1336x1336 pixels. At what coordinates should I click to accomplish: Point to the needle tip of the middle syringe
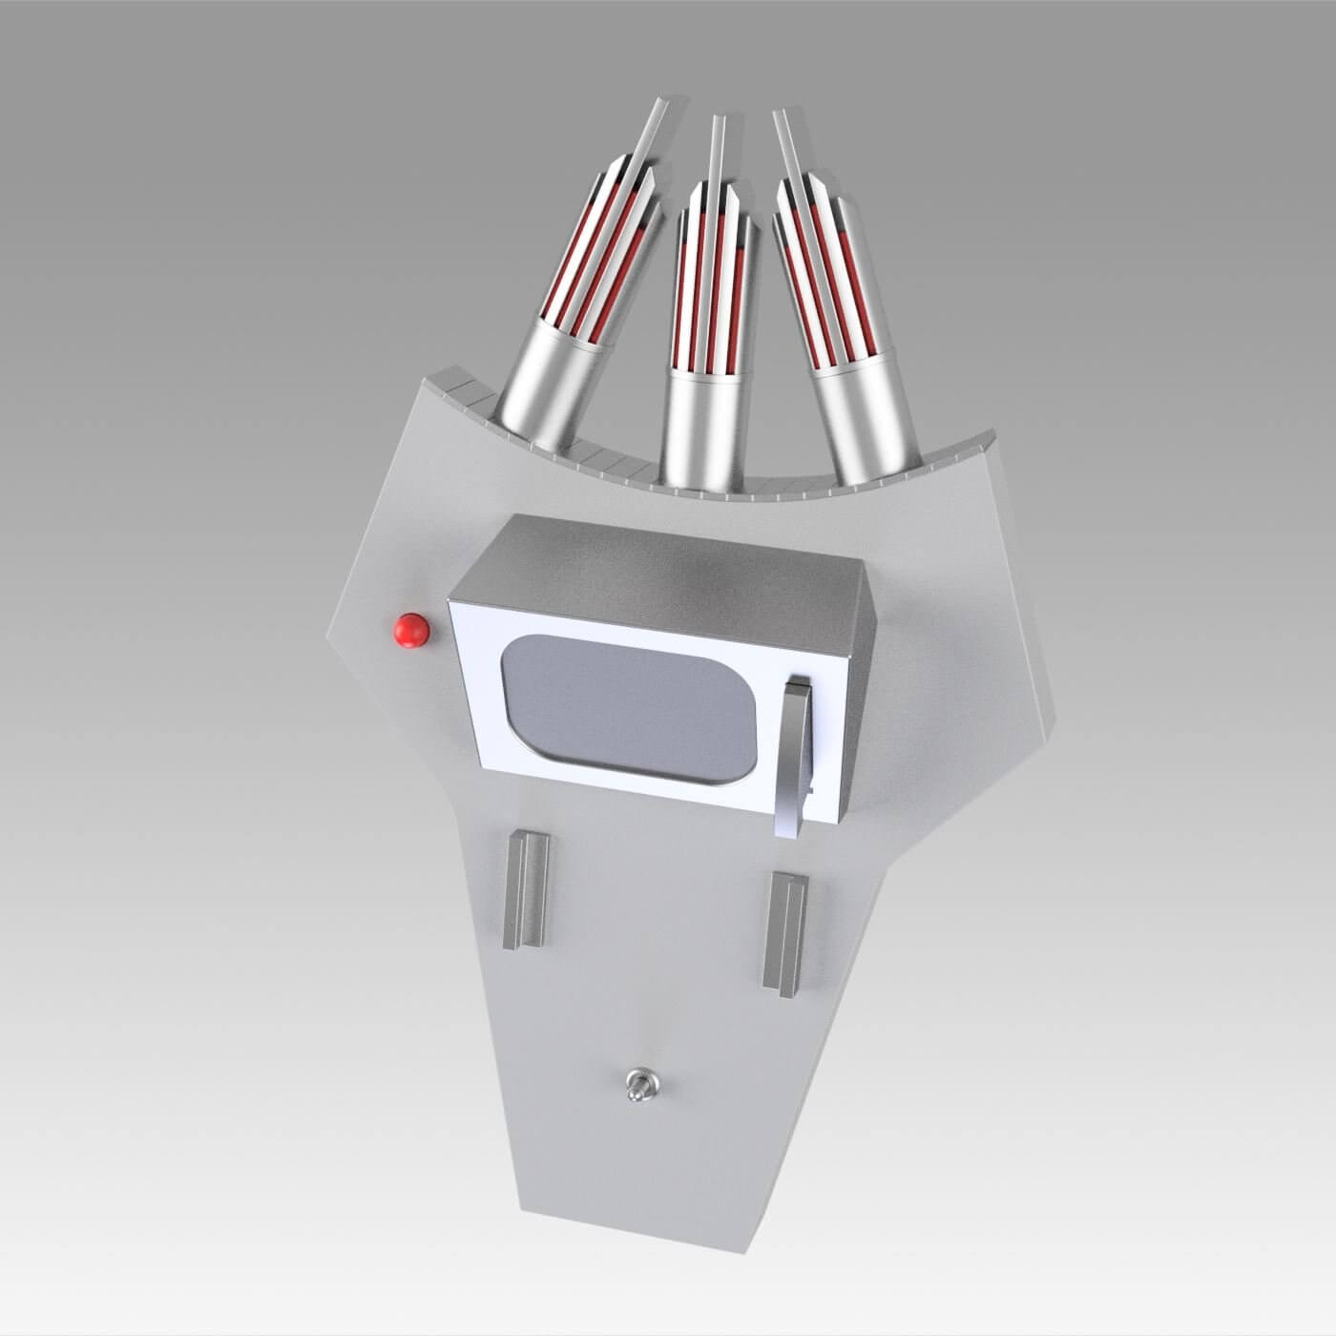[715, 122]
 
